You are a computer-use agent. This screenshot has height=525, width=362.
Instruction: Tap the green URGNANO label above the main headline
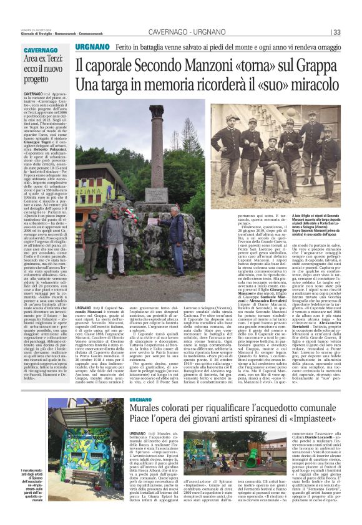pyautogui.click(x=92, y=47)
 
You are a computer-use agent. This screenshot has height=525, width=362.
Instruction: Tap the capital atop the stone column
pyautogui.click(x=157, y=110)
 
